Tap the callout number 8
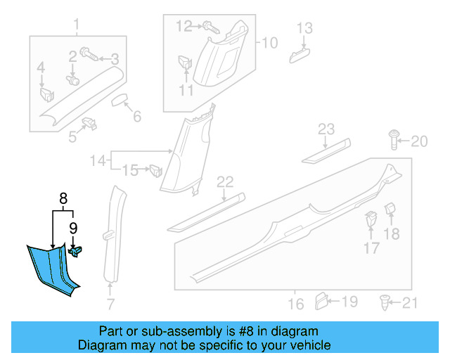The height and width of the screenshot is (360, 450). [63, 199]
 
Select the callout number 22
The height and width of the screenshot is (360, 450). [224, 183]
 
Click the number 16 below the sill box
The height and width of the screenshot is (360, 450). [296, 304]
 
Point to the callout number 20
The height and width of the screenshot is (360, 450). [418, 142]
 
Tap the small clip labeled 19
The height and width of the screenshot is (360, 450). [320, 301]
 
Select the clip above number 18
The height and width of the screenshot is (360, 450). [391, 210]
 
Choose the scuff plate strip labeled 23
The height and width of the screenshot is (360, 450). [325, 151]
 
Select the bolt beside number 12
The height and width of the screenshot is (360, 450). [209, 27]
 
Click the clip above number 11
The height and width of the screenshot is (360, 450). [184, 62]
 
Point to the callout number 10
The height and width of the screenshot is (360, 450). [271, 43]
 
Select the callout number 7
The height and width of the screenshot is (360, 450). [110, 304]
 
